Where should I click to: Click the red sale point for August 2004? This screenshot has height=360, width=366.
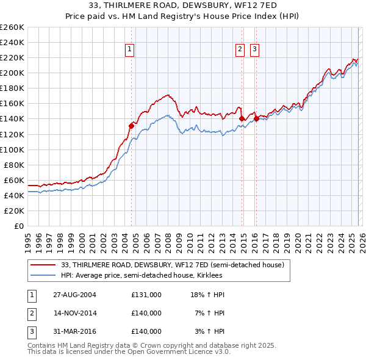coord(131,125)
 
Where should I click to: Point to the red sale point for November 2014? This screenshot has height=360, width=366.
coord(242,118)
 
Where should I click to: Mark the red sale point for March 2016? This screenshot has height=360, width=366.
coord(256,118)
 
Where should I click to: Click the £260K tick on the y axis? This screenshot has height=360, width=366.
coord(13,27)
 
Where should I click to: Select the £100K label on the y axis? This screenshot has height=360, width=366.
coord(13,149)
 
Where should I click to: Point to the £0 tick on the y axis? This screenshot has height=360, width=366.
coord(20,226)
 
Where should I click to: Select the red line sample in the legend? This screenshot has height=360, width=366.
coord(43,265)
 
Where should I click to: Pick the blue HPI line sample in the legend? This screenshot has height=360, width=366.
coord(43,275)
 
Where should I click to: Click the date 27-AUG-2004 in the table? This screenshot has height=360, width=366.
coord(74,295)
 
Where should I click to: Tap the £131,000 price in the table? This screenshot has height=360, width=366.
coord(146,295)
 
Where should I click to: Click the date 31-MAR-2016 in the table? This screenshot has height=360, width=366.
coord(74,331)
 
